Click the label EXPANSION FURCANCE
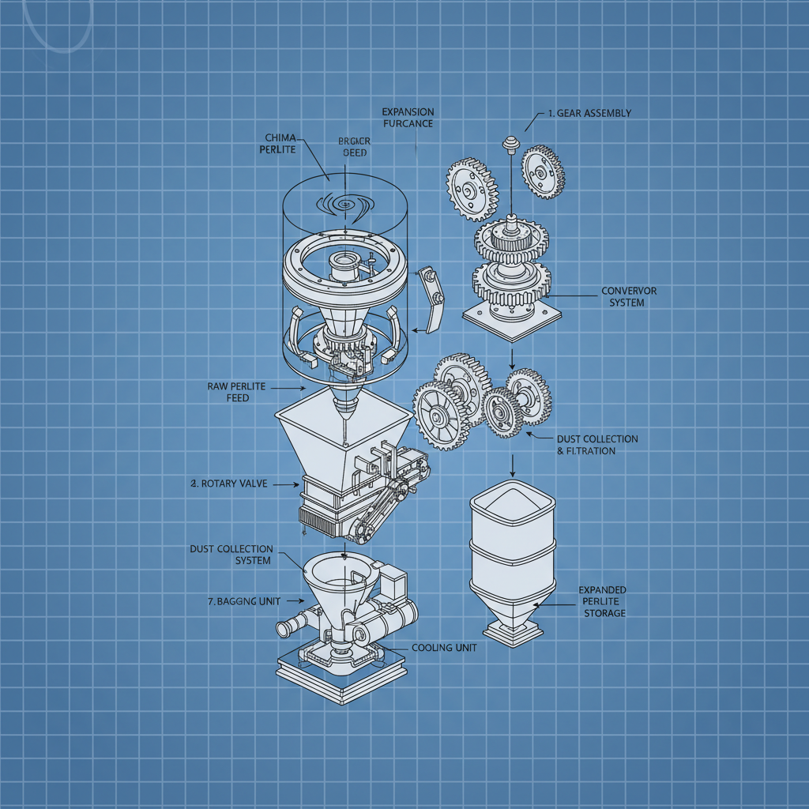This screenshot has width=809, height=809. coord(408,118)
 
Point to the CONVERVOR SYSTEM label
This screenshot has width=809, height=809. coord(629,296)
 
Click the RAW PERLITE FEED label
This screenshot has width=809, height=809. coord(236,392)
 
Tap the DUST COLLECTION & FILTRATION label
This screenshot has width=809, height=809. coord(597,445)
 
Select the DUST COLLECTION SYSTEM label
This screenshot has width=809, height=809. coord(231,555)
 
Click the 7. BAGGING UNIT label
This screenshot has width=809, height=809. coord(244,601)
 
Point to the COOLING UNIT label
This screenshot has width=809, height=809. coord(444,648)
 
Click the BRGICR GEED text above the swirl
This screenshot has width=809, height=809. coord(353,147)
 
